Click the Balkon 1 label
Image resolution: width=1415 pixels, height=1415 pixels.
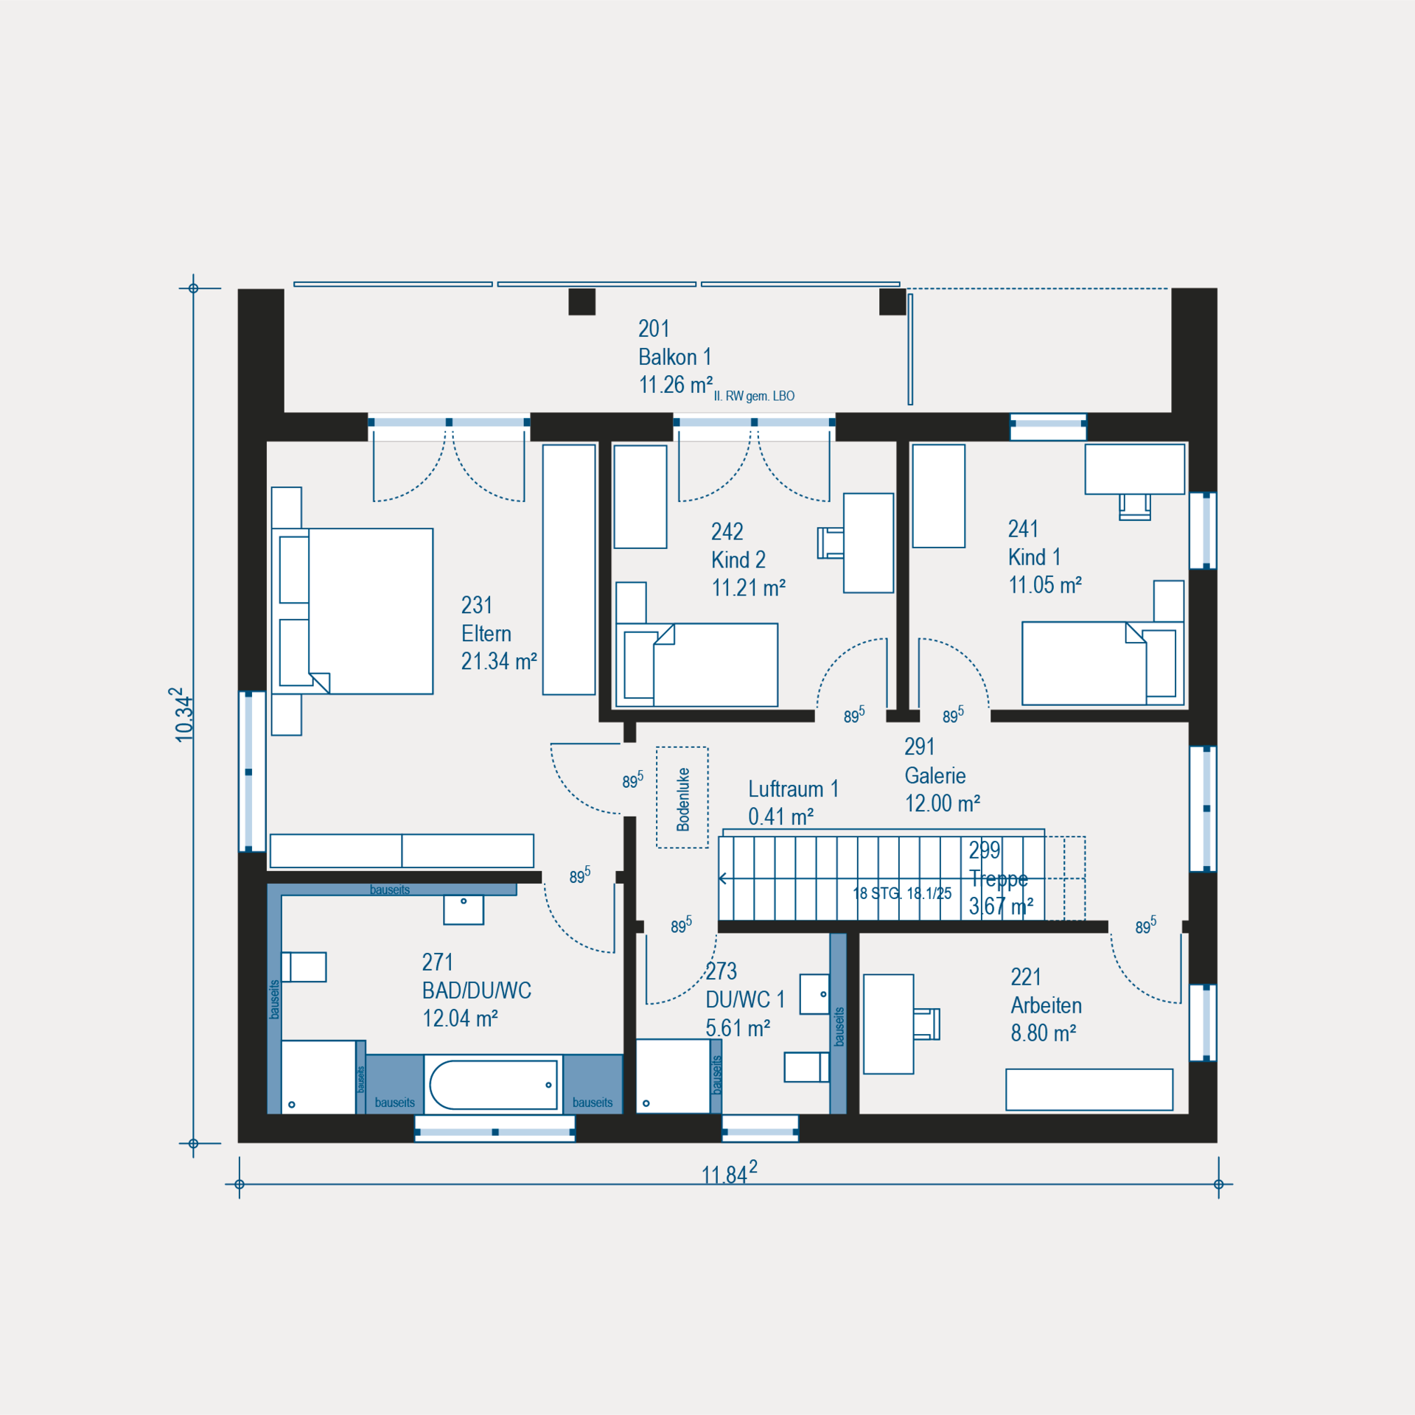tap(674, 357)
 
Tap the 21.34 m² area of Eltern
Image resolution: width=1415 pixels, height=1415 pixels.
tap(499, 661)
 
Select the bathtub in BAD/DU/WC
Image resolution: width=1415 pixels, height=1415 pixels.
tap(493, 1085)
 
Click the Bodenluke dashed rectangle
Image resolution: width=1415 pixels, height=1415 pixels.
tap(682, 797)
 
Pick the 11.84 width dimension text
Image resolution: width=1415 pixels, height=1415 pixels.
tap(729, 1173)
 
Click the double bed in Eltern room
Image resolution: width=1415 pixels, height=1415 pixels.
tap(352, 611)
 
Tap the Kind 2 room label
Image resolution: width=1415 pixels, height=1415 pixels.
tap(738, 560)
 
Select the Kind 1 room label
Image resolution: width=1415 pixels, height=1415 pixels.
tap(1034, 557)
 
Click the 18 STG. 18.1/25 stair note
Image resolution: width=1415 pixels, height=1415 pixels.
tap(902, 893)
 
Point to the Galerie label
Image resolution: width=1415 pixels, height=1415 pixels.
tap(934, 775)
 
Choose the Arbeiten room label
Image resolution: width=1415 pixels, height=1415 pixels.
tap(1046, 1005)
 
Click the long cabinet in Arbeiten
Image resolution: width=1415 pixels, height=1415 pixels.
tap(1089, 1089)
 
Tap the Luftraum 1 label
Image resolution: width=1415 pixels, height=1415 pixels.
tap(793, 789)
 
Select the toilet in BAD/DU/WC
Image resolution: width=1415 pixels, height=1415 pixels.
tap(304, 967)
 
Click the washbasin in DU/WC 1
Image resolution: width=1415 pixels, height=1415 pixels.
tap(814, 994)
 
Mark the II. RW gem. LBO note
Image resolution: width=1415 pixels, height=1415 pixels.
tap(754, 396)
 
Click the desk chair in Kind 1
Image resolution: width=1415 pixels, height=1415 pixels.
tap(1134, 507)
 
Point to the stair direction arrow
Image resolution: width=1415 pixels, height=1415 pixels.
tap(723, 878)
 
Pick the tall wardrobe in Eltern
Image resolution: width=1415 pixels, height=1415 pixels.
tap(569, 569)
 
